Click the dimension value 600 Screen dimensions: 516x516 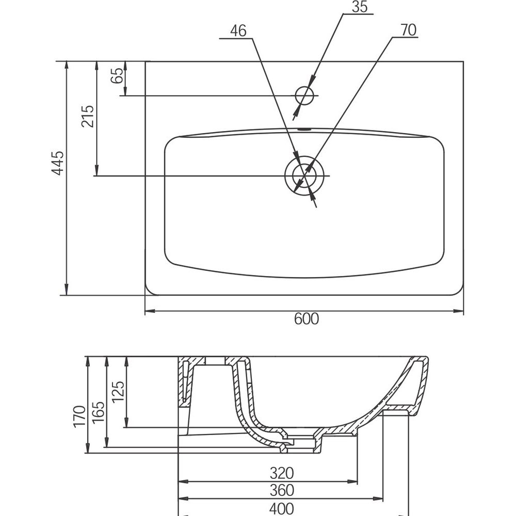click(x=307, y=319)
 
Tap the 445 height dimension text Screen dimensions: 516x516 click(x=58, y=163)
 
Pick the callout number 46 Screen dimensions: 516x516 click(x=238, y=31)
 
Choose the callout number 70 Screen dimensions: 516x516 click(x=408, y=31)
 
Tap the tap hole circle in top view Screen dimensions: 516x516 click(x=304, y=95)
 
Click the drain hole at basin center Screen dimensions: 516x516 click(x=304, y=175)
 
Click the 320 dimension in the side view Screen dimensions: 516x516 click(x=282, y=473)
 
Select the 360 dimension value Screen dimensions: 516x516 click(x=282, y=490)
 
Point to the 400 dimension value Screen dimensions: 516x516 click(x=282, y=508)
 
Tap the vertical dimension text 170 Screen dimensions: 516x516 click(x=79, y=416)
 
